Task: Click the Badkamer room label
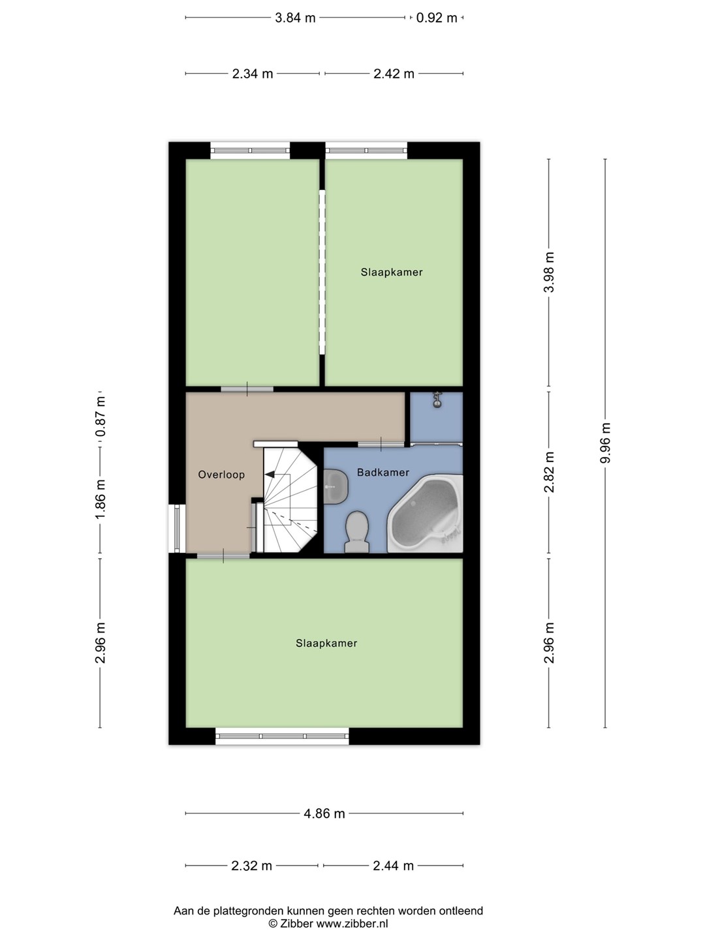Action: pos(383,473)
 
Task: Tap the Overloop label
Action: pos(221,475)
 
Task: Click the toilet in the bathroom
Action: pos(357,533)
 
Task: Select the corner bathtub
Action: pos(425,513)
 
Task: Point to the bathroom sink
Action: pos(335,486)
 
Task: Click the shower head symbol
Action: pos(437,399)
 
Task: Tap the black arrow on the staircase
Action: pos(270,474)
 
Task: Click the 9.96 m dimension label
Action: pos(605,443)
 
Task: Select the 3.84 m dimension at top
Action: pos(295,18)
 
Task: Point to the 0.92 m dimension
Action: pos(437,18)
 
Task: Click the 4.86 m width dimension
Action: pos(324,813)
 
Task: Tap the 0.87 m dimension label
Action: pos(101,416)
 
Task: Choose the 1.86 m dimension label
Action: pos(100,499)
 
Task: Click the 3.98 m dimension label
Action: pos(549,272)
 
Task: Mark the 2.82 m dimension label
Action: pos(549,472)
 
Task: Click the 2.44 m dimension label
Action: pos(394,866)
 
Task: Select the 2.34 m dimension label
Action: pos(252,74)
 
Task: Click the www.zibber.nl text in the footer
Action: pos(352,923)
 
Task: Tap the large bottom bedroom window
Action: pos(282,736)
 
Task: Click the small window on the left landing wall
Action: pos(177,529)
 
